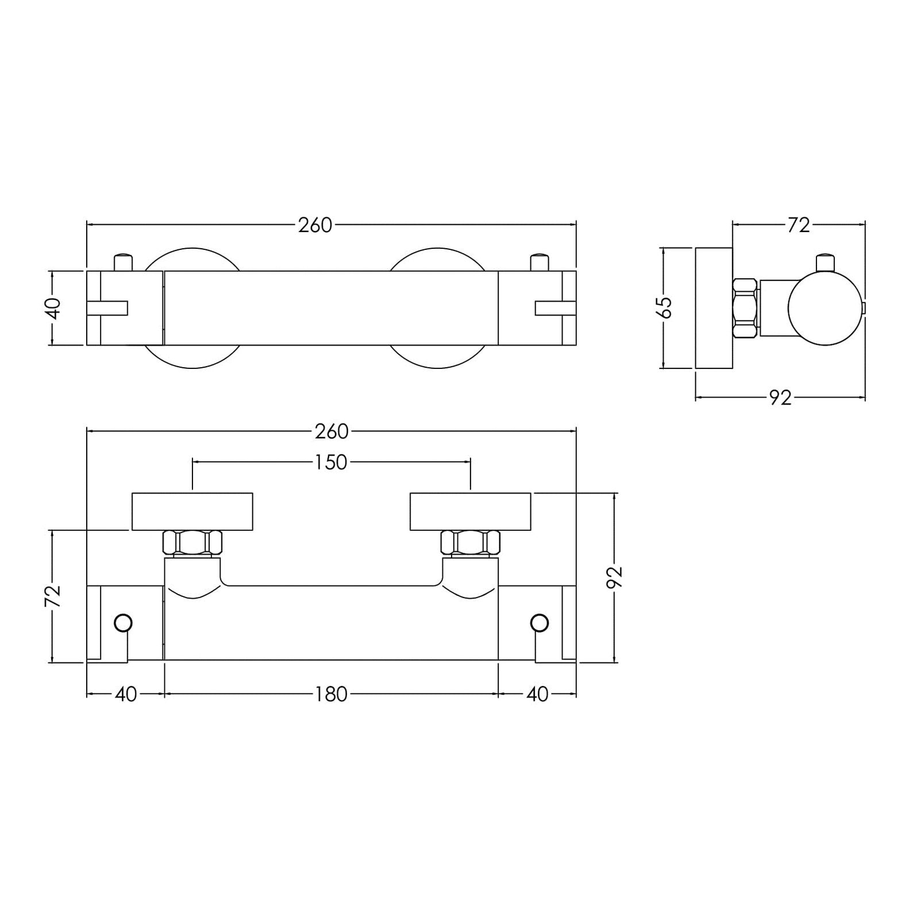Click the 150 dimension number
[331, 463]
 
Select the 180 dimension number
[332, 695]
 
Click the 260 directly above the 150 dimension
[332, 432]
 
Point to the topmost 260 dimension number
[315, 225]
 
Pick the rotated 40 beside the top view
[52, 309]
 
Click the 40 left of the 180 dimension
[126, 695]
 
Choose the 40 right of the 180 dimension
[537, 695]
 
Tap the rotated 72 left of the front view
[52, 596]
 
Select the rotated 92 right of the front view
[615, 577]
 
